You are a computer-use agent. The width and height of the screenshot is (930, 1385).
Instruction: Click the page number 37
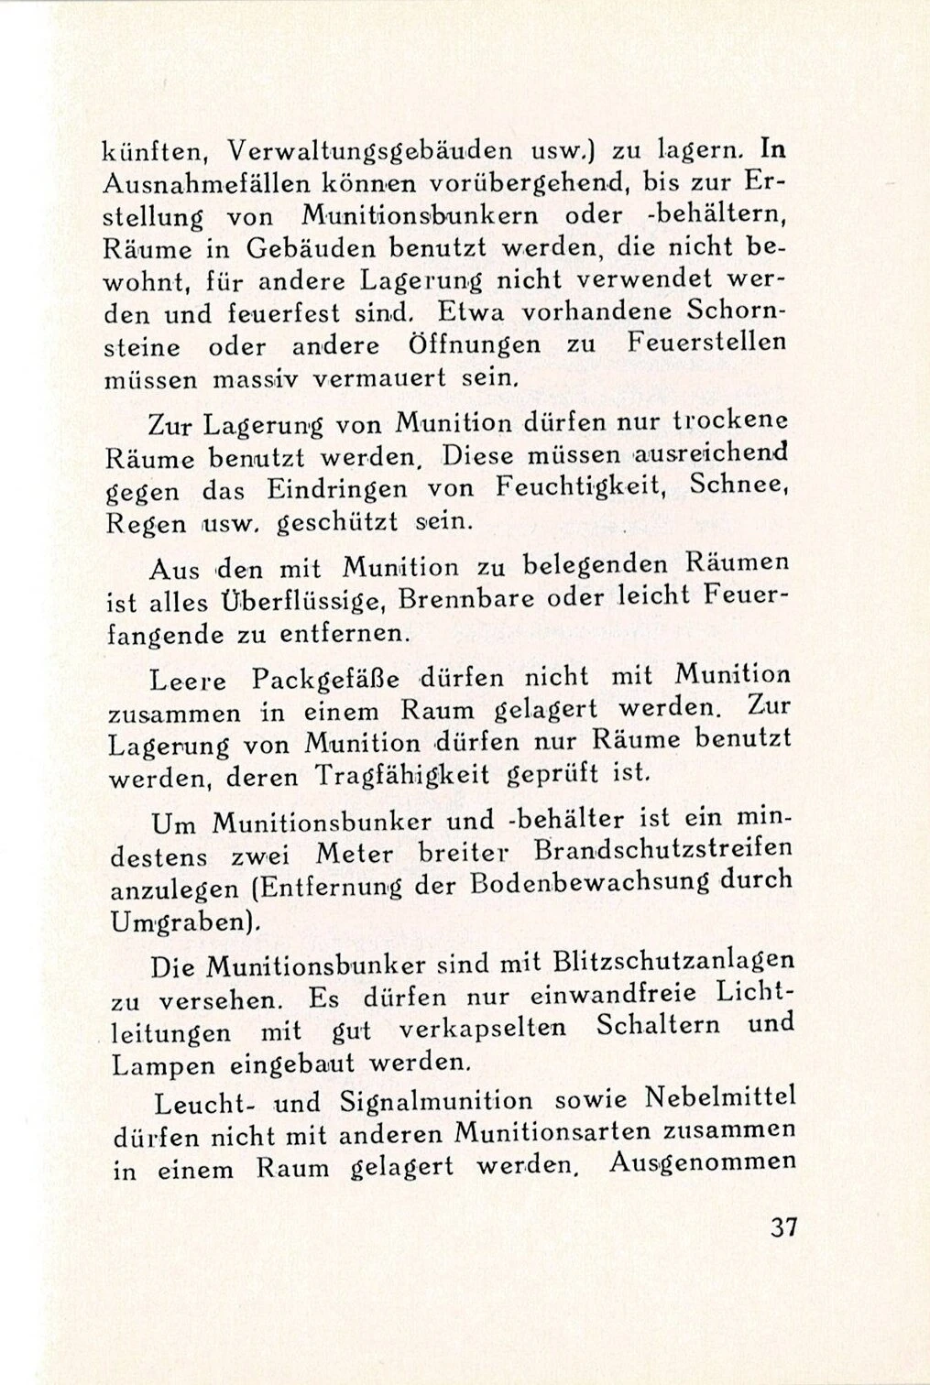783,1227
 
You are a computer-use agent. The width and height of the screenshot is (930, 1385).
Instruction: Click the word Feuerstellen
706,343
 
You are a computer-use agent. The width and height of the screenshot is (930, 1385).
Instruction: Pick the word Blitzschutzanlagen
674,961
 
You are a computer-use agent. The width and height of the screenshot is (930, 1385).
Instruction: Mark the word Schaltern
657,1026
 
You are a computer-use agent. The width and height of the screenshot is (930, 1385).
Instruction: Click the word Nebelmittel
720,1096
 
